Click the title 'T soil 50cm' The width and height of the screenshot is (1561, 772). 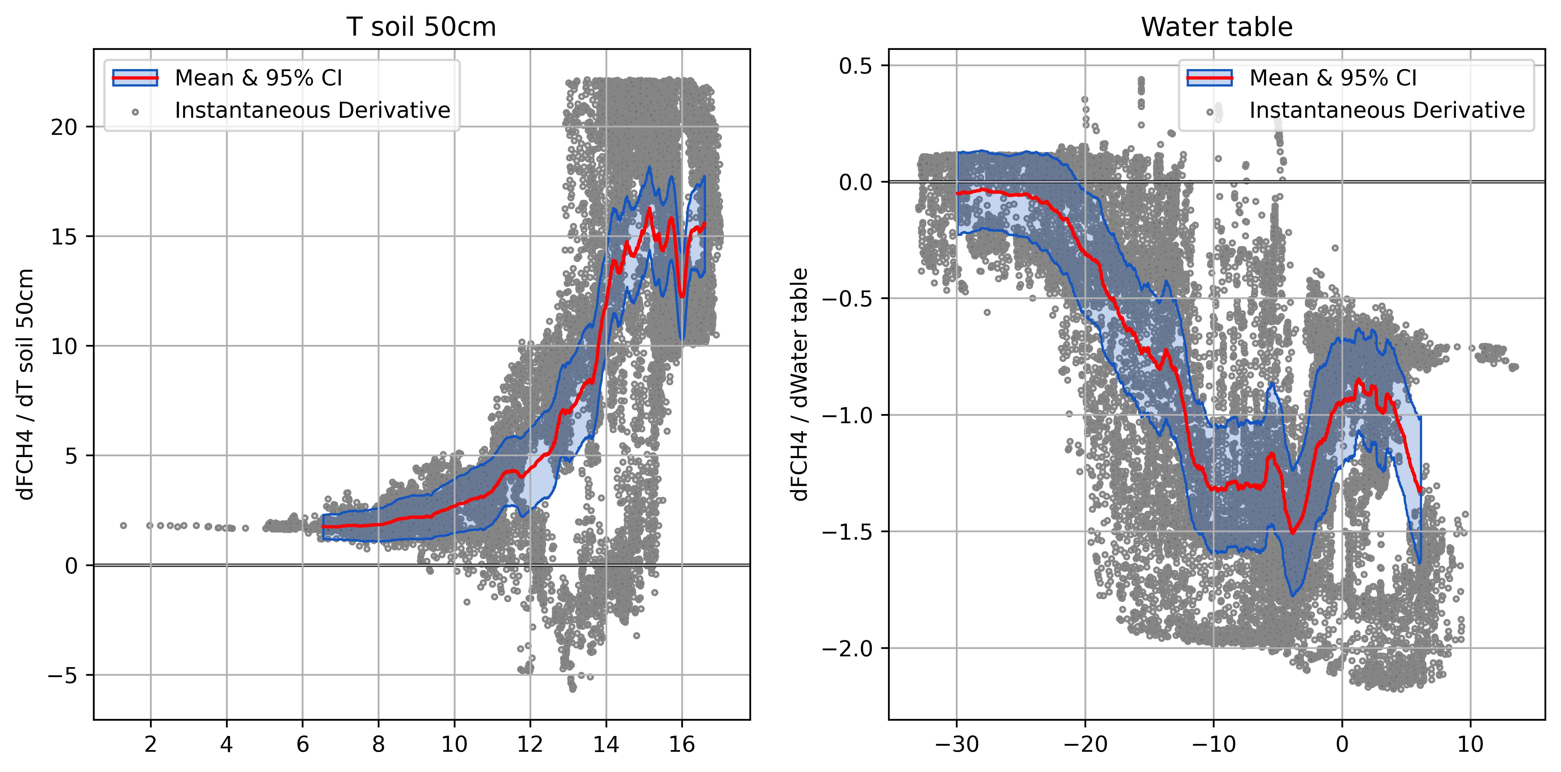421,27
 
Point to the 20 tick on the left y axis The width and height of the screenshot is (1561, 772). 64,127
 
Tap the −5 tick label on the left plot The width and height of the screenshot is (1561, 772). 63,675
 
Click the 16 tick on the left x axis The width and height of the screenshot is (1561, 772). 682,744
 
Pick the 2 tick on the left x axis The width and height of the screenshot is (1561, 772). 150,744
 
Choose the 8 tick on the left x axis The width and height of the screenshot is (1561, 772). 378,744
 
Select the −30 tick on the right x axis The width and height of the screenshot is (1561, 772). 957,744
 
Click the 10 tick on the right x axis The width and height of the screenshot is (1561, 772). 1470,744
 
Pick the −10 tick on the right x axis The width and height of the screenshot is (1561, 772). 1213,744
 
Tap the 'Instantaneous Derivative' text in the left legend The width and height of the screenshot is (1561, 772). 312,111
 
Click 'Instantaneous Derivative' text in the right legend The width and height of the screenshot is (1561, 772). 1386,111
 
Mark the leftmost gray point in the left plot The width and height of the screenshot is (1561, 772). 124,525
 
